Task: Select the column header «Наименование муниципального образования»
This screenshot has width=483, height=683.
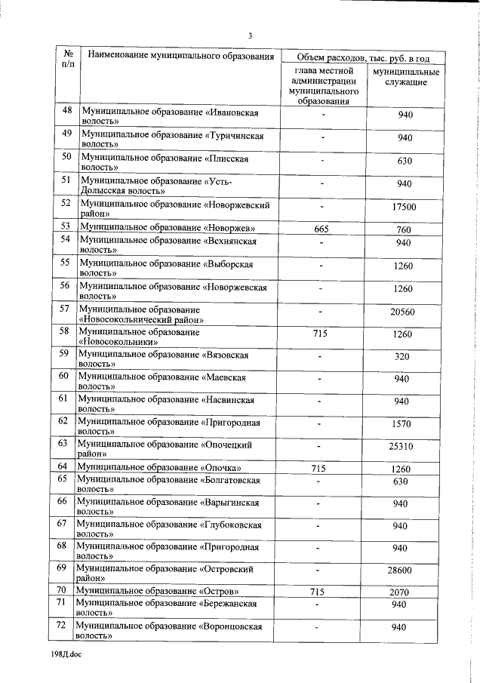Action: click(180, 56)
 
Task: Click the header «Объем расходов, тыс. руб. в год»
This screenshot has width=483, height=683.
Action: click(362, 57)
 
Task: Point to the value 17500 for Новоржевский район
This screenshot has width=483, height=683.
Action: click(404, 208)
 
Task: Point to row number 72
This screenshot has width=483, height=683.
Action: click(63, 626)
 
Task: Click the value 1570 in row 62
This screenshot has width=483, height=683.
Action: click(403, 424)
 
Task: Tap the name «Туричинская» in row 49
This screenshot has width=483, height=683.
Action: click(235, 135)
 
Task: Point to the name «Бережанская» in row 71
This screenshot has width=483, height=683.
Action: click(230, 604)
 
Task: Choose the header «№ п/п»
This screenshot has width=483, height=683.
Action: click(68, 60)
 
